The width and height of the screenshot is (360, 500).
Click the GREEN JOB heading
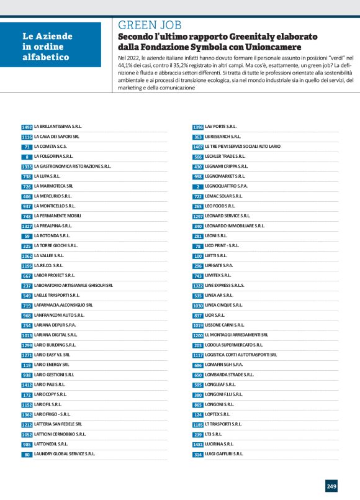tap(150, 25)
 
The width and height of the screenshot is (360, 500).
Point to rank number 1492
tap(27, 127)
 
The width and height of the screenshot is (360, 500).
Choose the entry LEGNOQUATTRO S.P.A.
tap(227, 186)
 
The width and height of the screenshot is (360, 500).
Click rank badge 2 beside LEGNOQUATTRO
tap(198, 186)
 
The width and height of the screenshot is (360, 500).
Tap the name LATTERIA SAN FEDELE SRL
tap(58, 424)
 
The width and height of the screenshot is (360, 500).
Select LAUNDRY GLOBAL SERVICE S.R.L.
tap(65, 454)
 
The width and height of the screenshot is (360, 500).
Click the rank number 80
tap(27, 454)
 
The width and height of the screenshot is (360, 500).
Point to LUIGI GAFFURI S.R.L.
tap(224, 454)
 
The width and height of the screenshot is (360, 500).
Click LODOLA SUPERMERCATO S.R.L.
tap(234, 345)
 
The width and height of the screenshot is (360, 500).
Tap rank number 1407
tap(198, 147)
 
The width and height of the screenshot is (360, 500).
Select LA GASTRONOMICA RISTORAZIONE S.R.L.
tap(73, 166)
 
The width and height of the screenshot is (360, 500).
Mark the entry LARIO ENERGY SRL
tap(52, 365)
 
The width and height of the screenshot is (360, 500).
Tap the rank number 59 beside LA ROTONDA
tap(27, 236)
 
